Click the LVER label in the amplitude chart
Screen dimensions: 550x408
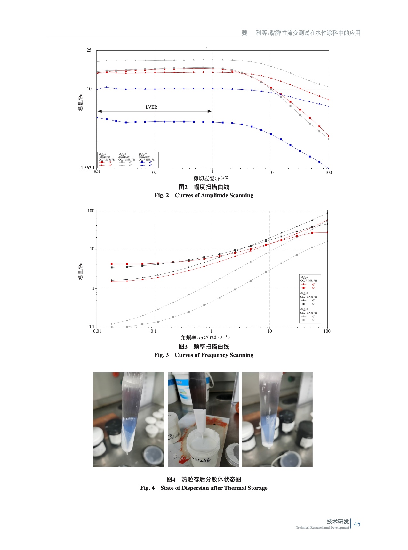[151, 107]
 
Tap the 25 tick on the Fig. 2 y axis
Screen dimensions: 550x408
[89, 50]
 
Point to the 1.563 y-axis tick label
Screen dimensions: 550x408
[87, 168]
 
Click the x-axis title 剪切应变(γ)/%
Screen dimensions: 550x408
[211, 178]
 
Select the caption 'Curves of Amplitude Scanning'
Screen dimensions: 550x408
[214, 195]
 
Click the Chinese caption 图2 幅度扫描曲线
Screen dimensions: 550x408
[204, 187]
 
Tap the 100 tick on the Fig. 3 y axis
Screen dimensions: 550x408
[91, 211]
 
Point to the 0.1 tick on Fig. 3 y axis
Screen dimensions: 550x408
[91, 327]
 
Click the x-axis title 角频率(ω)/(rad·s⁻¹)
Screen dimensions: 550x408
[205, 337]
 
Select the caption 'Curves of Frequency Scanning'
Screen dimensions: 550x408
[214, 355]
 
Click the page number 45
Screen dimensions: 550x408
[357, 524]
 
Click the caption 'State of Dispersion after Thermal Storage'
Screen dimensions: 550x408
[214, 488]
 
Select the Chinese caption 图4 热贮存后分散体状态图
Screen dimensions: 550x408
[204, 479]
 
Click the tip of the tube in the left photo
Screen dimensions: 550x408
[127, 452]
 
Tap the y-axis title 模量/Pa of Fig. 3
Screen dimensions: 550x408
[81, 271]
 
